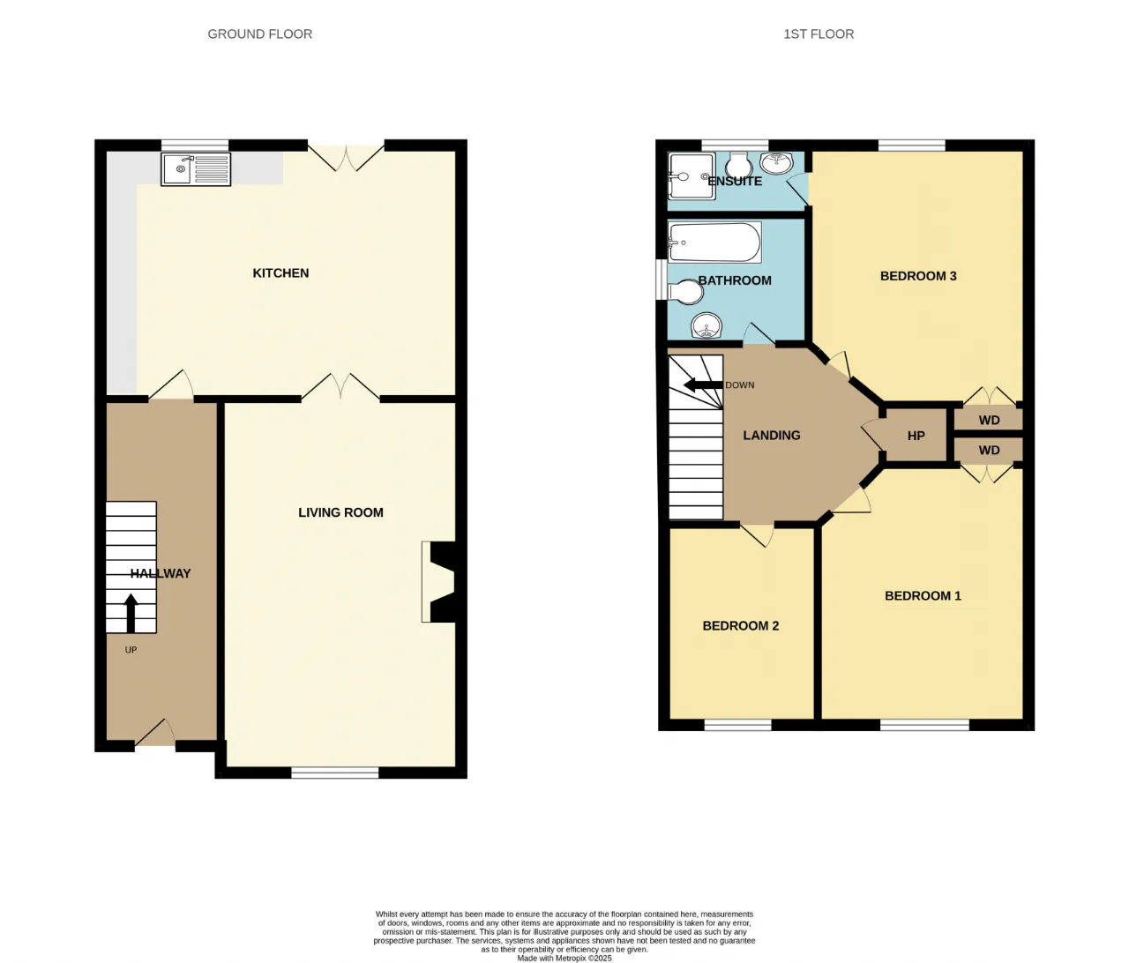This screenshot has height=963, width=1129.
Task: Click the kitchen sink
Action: (196, 168)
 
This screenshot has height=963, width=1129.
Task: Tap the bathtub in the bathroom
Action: (714, 242)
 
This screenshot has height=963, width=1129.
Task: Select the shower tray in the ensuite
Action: (692, 175)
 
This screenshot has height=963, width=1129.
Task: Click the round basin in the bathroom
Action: (707, 326)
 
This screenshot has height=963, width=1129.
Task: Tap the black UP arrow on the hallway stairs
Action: (131, 613)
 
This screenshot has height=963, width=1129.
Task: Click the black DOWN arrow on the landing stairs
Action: (703, 385)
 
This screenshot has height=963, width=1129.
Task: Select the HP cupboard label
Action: (916, 436)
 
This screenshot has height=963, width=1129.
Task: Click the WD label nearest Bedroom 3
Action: (989, 420)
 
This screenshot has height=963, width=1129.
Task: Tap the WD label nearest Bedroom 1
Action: (989, 450)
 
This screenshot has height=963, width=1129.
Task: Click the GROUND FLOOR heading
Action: (260, 34)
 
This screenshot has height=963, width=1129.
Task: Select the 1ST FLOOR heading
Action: (819, 34)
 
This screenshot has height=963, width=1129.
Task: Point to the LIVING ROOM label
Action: (340, 512)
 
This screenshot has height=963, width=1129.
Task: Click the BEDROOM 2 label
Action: (741, 625)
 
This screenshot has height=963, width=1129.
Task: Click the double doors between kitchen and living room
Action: (340, 386)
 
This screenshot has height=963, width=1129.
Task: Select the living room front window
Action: (335, 773)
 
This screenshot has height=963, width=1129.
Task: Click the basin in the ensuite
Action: (776, 163)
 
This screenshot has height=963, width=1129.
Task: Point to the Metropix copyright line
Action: (564, 958)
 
